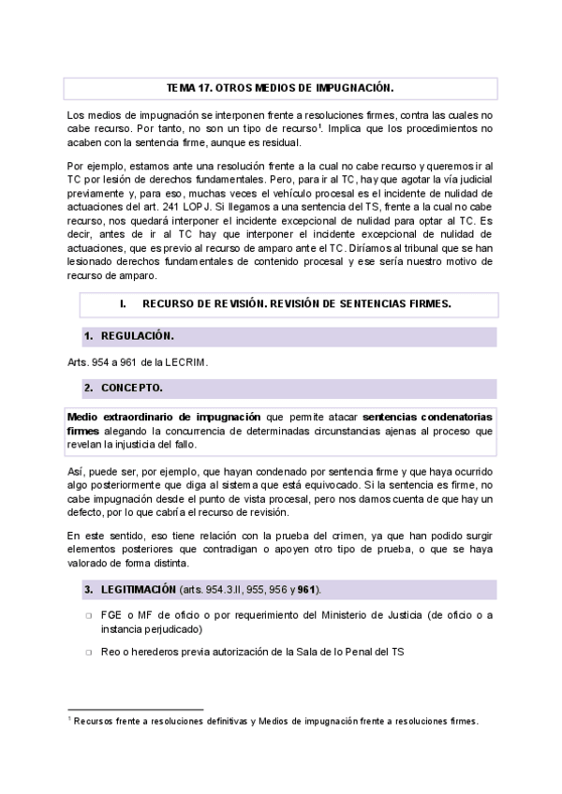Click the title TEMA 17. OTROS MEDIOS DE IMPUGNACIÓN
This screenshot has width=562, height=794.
tap(280, 88)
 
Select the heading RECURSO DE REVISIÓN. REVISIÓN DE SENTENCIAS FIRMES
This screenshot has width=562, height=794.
tap(297, 304)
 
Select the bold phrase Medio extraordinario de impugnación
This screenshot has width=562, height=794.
tap(165, 416)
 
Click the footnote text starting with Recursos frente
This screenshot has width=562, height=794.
tap(276, 721)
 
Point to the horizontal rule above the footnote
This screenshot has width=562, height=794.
tap(136, 710)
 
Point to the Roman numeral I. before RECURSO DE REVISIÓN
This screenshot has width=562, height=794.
tap(123, 304)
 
